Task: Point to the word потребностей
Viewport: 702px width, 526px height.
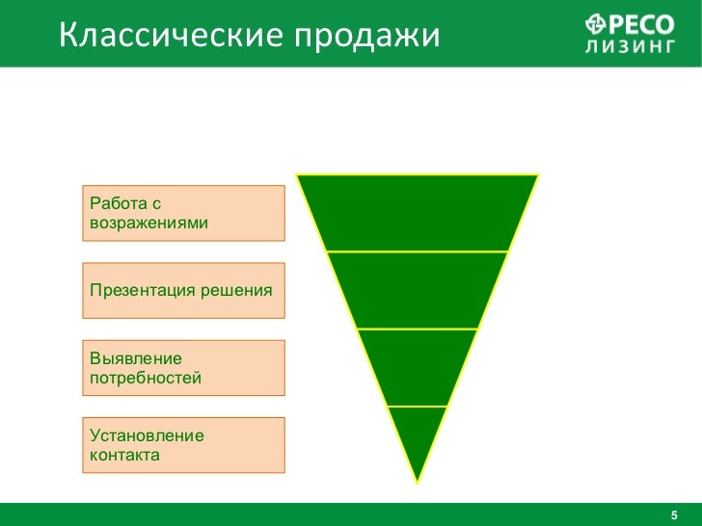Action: coord(146,378)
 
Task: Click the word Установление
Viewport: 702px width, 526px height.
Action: coord(147,435)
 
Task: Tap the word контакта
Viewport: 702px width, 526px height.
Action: coord(124,455)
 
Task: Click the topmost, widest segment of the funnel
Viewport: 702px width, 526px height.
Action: coord(417,212)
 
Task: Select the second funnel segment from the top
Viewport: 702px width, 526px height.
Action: coord(417,289)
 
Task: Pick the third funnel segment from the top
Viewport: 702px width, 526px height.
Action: coord(417,366)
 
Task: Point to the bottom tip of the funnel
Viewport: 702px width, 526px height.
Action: coord(417,480)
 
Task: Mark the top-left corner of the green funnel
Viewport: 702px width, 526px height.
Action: coord(297,175)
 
